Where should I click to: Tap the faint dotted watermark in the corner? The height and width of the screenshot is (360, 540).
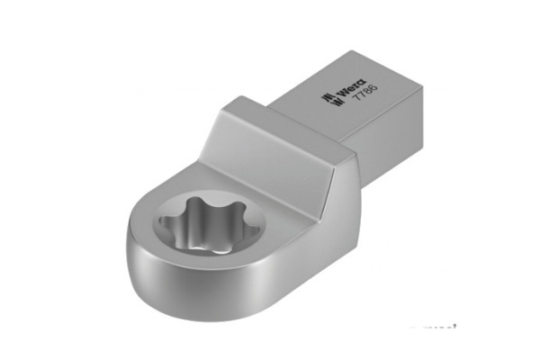432,329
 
